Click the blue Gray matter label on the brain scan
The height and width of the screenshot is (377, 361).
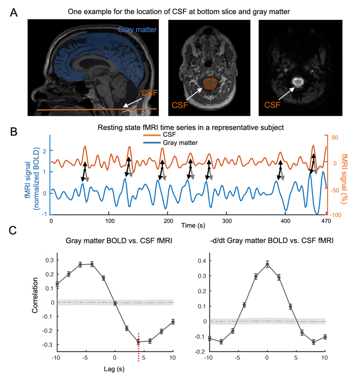138,30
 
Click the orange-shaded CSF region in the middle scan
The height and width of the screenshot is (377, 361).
210,83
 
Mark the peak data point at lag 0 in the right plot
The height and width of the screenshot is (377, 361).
267,264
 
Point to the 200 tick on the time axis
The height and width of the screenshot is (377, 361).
168,220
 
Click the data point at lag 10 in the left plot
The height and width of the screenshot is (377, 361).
173,322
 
